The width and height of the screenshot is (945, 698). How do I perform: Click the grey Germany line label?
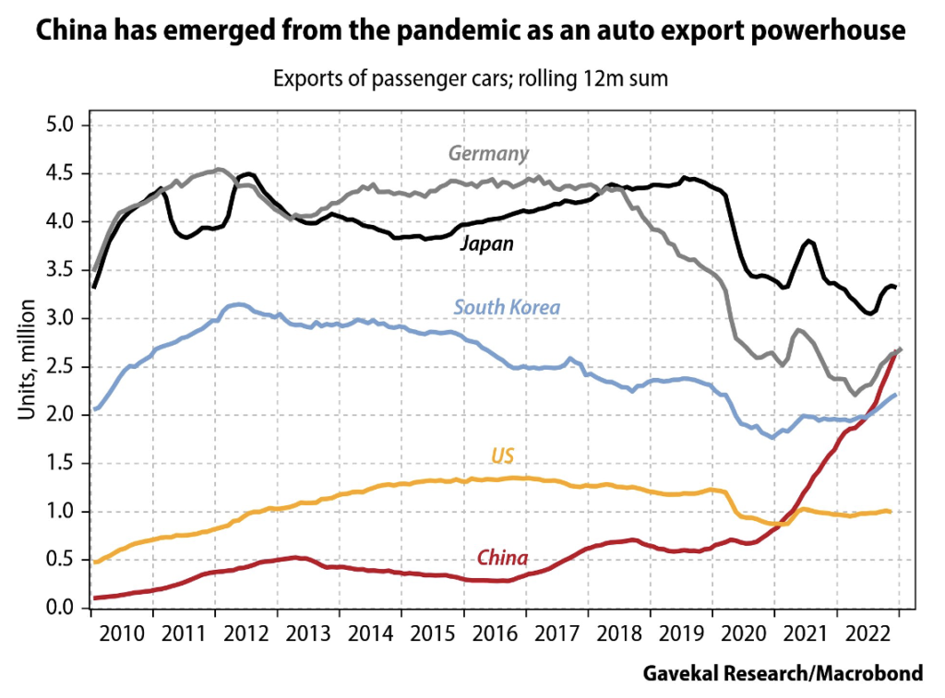pyautogui.click(x=488, y=153)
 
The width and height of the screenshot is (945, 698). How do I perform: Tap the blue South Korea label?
pyautogui.click(x=508, y=306)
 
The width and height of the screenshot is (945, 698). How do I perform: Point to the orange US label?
pyautogui.click(x=502, y=455)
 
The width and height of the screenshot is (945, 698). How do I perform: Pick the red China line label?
pyautogui.click(x=502, y=558)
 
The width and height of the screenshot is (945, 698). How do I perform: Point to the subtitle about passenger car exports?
pyautogui.click(x=470, y=79)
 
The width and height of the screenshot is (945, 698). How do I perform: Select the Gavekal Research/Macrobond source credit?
pyautogui.click(x=783, y=674)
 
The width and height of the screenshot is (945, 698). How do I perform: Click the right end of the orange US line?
pyautogui.click(x=890, y=511)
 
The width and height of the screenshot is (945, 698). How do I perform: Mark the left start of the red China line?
pyautogui.click(x=94, y=598)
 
